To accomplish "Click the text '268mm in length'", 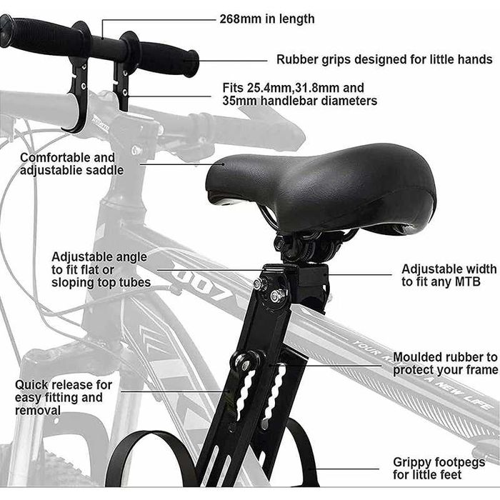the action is pyautogui.click(x=267, y=19).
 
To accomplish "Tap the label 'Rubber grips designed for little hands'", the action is pyautogui.click(x=384, y=59).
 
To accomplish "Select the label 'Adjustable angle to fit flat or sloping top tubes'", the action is pyautogui.click(x=101, y=270).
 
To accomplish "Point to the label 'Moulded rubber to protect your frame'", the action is pyautogui.click(x=445, y=364).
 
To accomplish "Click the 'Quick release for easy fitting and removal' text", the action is pyautogui.click(x=64, y=397).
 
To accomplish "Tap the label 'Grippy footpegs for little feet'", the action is pyautogui.click(x=439, y=468).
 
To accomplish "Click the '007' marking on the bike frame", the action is pyautogui.click(x=204, y=284).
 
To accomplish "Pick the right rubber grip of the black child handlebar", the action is pyautogui.click(x=169, y=57).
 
